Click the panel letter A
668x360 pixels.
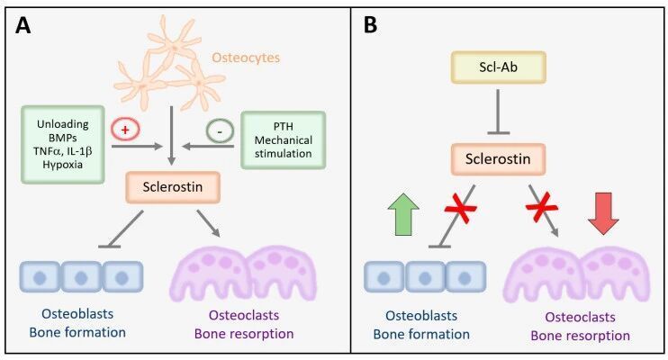click(23, 25)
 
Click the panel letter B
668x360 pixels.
click(370, 25)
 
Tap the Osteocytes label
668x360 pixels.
click(246, 58)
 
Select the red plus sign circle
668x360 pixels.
click(125, 129)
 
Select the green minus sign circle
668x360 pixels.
click(220, 130)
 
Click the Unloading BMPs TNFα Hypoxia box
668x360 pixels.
click(63, 144)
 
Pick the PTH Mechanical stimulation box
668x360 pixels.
click(284, 140)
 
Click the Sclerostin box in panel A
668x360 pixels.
click(173, 187)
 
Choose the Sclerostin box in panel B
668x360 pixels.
click(498, 159)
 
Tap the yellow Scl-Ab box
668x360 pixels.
click(498, 67)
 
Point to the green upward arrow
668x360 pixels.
click(403, 214)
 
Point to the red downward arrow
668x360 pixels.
click(603, 213)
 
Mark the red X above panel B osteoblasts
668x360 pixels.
click(461, 209)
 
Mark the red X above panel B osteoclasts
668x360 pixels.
click(541, 207)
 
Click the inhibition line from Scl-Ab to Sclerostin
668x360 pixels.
click(498, 112)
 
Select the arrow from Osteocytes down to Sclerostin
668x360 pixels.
click(171, 136)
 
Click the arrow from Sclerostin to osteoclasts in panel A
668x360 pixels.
click(208, 223)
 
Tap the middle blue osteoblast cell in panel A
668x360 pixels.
click(81, 277)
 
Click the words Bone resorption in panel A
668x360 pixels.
click(244, 334)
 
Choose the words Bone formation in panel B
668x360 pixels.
click(421, 335)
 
